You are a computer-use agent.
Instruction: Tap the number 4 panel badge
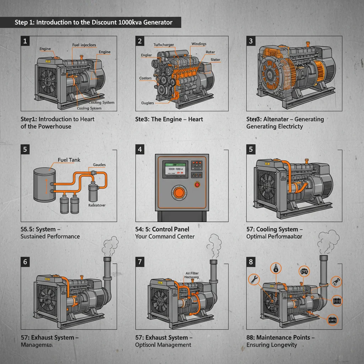pos(140,149)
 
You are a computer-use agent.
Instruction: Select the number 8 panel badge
pos(251,262)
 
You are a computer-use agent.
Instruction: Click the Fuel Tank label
pos(69,160)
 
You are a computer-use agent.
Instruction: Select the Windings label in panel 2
pos(199,44)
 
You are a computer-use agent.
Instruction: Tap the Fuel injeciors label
pos(84,45)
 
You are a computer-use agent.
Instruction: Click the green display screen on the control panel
pos(175,169)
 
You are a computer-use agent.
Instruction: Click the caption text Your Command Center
pos(165,236)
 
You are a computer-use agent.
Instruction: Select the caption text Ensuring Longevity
pos(272,345)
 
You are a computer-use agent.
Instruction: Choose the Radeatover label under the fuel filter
pos(97,205)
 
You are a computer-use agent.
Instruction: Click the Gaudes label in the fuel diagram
pos(99,165)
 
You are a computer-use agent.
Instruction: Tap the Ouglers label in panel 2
pos(148,103)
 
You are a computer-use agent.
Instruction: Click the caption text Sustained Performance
pos(50,236)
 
